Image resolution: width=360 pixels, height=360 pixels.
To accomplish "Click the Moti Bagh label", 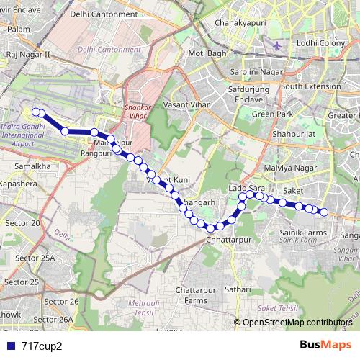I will coord(207,54).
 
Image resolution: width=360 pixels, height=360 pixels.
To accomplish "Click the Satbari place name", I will coord(238,289).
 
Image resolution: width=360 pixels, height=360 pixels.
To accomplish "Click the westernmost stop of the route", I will coord(36,112).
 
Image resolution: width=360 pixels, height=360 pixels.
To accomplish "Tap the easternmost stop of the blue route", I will coord(324,212).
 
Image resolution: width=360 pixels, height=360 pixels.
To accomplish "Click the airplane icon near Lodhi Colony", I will coord(278,45).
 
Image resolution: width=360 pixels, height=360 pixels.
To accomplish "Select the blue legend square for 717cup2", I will coord(7,346).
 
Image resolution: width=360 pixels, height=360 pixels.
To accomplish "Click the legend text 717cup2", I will coord(42,346).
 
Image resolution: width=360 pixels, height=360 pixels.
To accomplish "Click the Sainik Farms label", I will coord(303,233).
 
